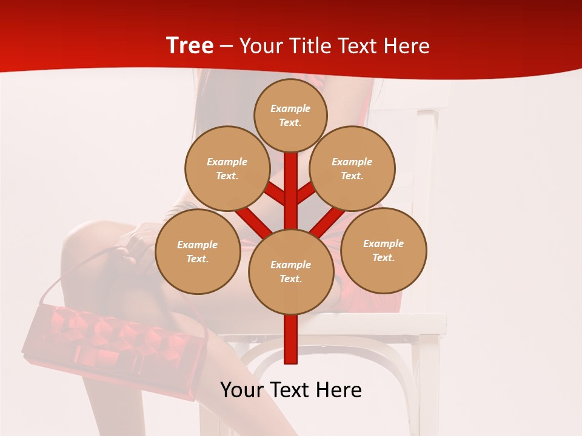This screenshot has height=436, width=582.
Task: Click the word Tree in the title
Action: tap(190, 46)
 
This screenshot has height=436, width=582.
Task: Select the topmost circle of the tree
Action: tap(290, 115)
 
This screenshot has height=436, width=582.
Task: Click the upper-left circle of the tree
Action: tap(227, 168)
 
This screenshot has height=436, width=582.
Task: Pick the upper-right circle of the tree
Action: tap(352, 168)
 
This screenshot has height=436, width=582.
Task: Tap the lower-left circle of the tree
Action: tap(198, 251)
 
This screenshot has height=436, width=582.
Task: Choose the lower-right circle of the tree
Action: tap(383, 250)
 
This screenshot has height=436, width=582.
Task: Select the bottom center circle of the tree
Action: tap(290, 271)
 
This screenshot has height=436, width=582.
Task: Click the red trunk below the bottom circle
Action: tap(290, 339)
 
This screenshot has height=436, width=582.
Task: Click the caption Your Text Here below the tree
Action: tap(290, 390)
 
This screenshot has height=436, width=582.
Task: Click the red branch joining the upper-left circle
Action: tap(275, 194)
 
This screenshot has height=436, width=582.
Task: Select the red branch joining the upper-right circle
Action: tap(306, 193)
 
